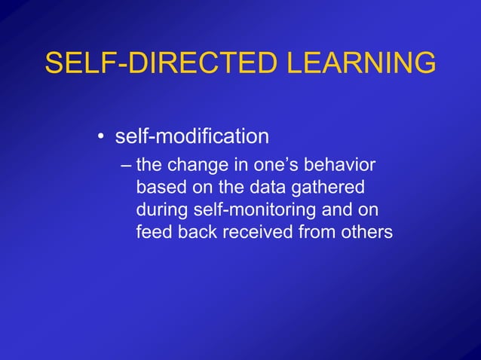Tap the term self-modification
[191, 137]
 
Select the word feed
[154, 232]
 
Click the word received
[256, 232]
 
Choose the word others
[366, 232]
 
